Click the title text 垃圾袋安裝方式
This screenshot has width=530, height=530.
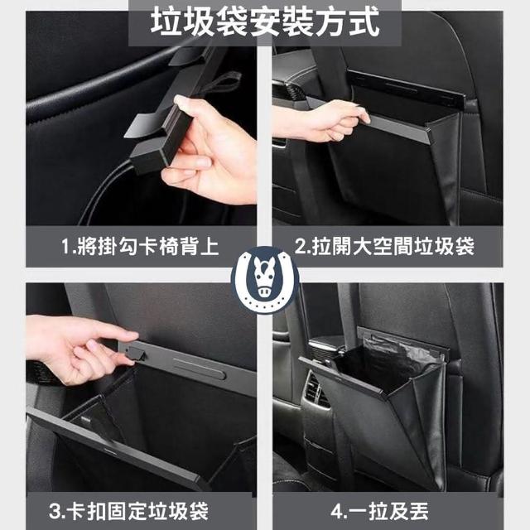click(265, 22)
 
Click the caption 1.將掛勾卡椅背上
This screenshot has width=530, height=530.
click(140, 246)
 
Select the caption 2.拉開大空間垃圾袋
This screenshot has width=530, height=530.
click(384, 246)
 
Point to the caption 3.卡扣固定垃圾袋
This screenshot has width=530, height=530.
click(128, 511)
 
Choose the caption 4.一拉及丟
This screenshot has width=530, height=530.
click(379, 511)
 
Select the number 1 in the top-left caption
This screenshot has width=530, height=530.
click(66, 247)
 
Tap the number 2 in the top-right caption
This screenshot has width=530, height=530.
click(301, 246)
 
